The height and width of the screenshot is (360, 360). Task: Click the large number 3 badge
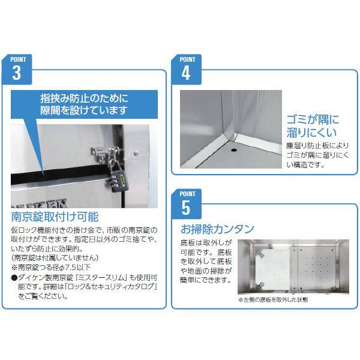pos(17,70)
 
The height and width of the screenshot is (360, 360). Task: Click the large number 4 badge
pos(186,70)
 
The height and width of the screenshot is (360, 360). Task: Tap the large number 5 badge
pos(186,204)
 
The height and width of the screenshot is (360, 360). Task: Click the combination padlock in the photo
pos(118,179)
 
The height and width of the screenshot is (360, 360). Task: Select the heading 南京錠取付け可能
pos(55,217)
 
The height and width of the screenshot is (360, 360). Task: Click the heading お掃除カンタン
pos(217,229)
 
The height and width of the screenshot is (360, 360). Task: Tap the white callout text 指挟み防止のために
pos(84,98)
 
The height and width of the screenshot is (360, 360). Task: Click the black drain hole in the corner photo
pos(234,150)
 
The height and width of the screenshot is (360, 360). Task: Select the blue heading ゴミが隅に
pos(313,119)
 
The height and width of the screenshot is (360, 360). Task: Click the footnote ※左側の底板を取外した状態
pos(273,299)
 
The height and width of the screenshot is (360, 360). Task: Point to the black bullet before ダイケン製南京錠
pos(14,278)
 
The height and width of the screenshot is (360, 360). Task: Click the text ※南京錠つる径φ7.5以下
pos(51,267)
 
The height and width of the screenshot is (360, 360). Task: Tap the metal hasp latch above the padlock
pos(105,154)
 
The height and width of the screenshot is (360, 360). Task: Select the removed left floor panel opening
pos(272,268)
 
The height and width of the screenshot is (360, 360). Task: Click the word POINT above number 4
pos(187,59)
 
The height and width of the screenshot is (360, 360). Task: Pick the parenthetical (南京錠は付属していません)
pos(55,258)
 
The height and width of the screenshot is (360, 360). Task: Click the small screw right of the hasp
pos(136,152)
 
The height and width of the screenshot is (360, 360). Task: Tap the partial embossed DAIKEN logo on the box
pos(39,203)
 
